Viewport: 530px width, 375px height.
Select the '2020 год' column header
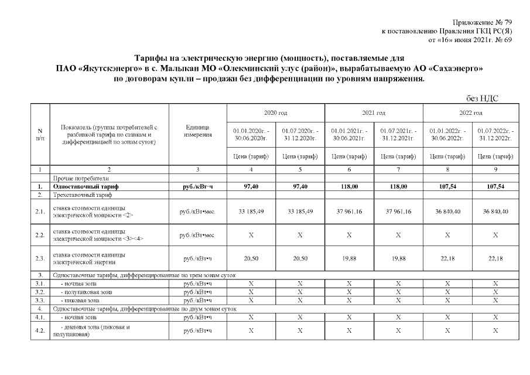pyautogui.click(x=275, y=112)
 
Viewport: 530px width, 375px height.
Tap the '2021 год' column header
pyautogui.click(x=373, y=112)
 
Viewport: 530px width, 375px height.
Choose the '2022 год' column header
pyautogui.click(x=470, y=112)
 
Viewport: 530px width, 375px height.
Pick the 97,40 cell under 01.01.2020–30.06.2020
pyautogui.click(x=251, y=186)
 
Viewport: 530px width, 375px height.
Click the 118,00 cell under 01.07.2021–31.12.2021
pyautogui.click(x=397, y=186)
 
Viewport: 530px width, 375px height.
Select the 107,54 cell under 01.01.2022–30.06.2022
pyautogui.click(x=446, y=186)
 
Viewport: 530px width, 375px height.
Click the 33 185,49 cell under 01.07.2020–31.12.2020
pyautogui.click(x=299, y=212)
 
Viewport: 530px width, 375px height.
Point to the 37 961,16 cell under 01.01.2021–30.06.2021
pyautogui.click(x=348, y=212)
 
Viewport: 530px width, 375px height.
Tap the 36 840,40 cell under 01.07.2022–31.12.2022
pyautogui.click(x=495, y=212)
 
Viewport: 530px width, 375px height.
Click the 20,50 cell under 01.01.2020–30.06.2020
pyautogui.click(x=251, y=258)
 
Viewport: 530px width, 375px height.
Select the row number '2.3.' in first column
pyautogui.click(x=40, y=258)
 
